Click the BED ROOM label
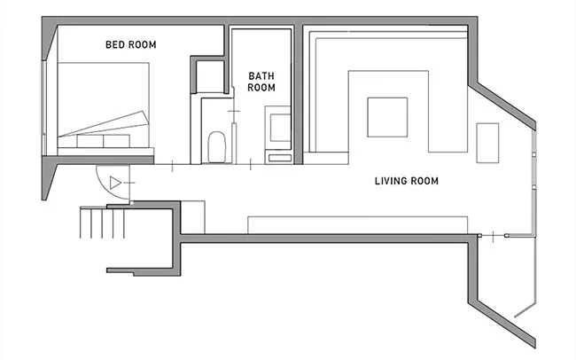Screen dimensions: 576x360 (x=131, y=44)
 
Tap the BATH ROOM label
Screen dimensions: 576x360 (x=261, y=82)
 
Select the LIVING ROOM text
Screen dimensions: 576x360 (x=406, y=181)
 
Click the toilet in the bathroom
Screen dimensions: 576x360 (x=216, y=147)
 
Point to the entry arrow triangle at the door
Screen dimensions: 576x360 (x=115, y=183)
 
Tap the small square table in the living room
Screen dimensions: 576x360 (x=387, y=117)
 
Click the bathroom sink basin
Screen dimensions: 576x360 (x=280, y=128)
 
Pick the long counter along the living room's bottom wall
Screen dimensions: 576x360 (x=357, y=225)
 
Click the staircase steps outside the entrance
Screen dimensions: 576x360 (x=102, y=223)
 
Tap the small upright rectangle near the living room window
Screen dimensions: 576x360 (x=487, y=143)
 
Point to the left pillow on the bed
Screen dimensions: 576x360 (x=90, y=141)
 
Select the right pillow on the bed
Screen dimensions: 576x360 (x=116, y=141)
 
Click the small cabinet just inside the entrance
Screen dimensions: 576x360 (x=193, y=217)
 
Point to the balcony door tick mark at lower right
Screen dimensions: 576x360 (x=493, y=235)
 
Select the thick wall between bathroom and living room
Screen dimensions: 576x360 (x=299, y=94)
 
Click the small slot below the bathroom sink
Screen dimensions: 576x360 (x=280, y=158)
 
